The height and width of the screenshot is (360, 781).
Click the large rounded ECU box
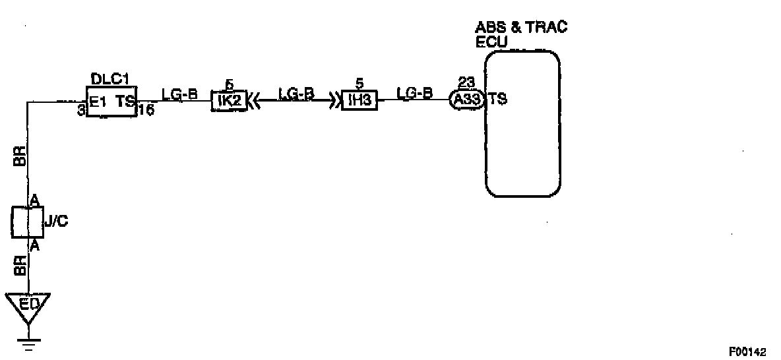pyautogui.click(x=522, y=123)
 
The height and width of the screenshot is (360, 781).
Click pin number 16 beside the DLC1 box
pyautogui.click(x=144, y=111)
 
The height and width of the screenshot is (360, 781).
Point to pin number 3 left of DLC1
pyautogui.click(x=80, y=111)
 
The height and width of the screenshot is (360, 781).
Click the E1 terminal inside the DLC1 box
pyautogui.click(x=99, y=102)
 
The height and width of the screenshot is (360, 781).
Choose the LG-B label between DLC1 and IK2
pyautogui.click(x=179, y=94)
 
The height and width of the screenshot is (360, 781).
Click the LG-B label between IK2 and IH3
pyautogui.click(x=296, y=94)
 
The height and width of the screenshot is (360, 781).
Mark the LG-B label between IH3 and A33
pyautogui.click(x=414, y=94)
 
